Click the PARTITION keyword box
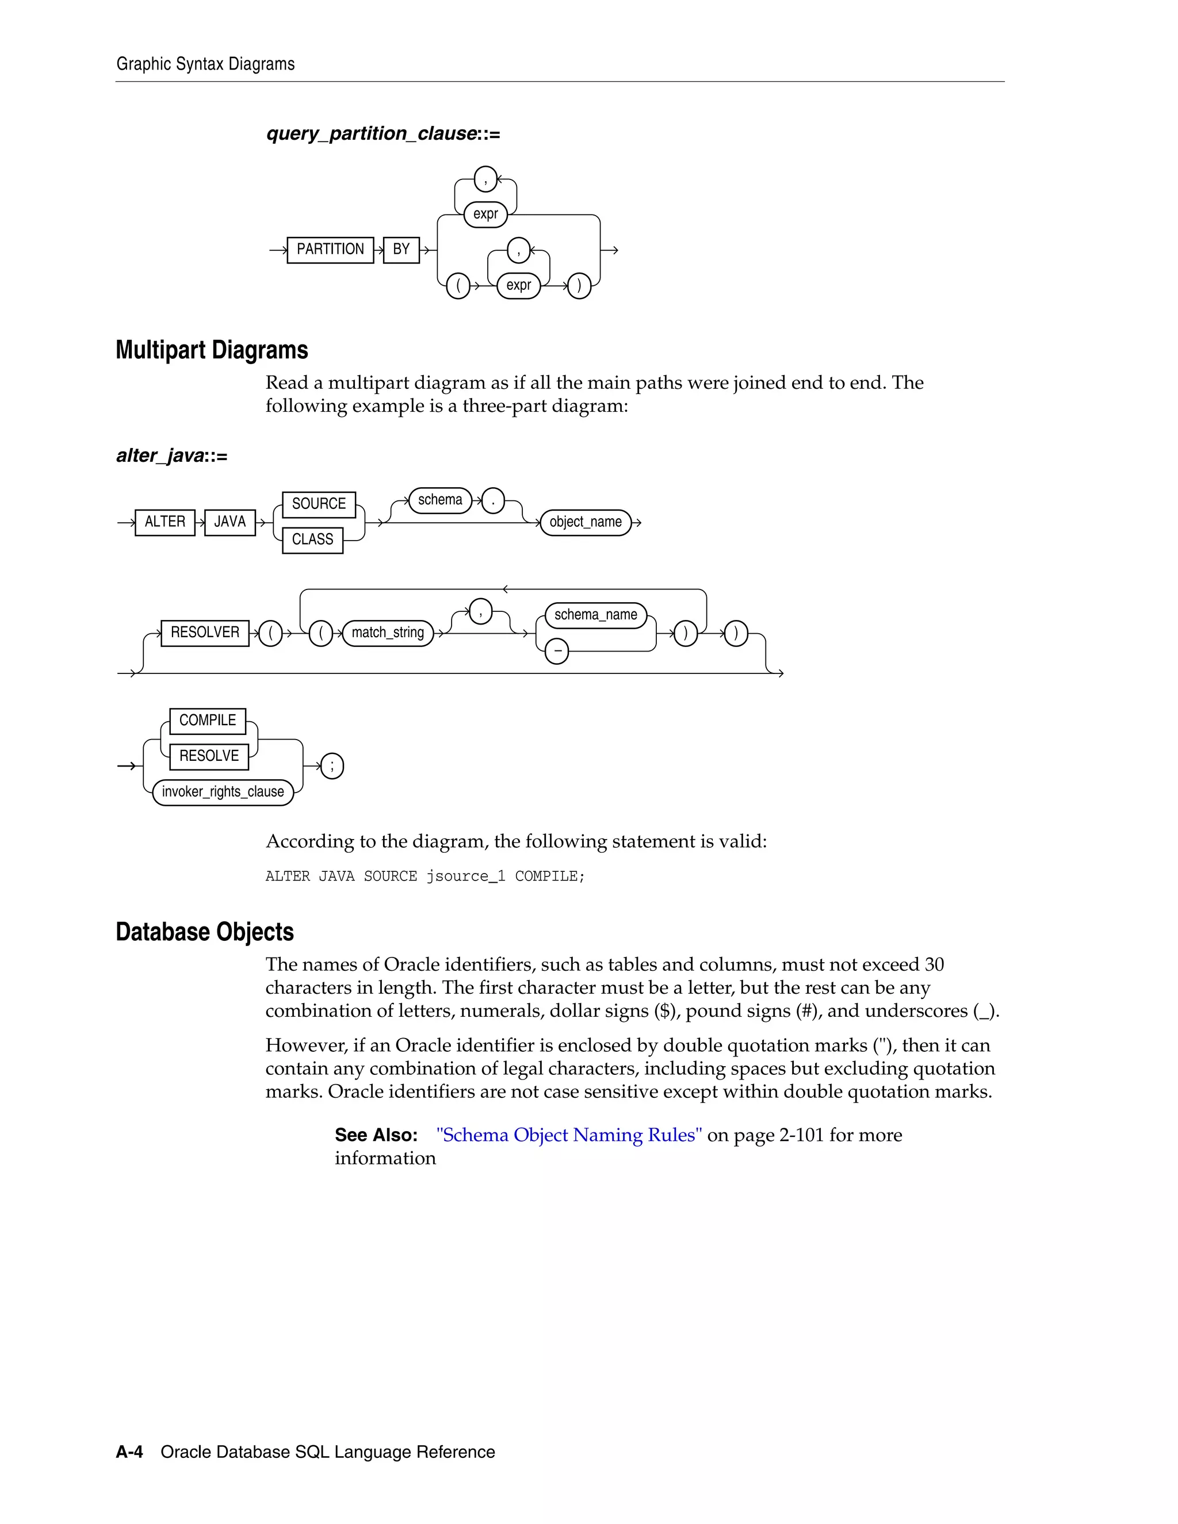(x=330, y=250)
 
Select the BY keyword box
(x=401, y=250)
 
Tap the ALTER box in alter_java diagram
(x=165, y=522)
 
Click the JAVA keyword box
(x=230, y=522)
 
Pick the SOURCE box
(x=319, y=504)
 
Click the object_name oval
(x=586, y=522)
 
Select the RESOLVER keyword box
(x=204, y=633)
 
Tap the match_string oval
(x=387, y=633)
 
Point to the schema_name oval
(x=595, y=615)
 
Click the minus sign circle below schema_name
(x=557, y=651)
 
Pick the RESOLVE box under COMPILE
(x=209, y=756)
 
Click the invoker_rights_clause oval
(x=223, y=792)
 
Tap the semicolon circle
(x=332, y=766)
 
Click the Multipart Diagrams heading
(x=212, y=350)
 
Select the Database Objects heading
(x=204, y=932)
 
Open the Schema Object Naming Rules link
(x=569, y=1135)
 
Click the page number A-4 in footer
(x=129, y=1452)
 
